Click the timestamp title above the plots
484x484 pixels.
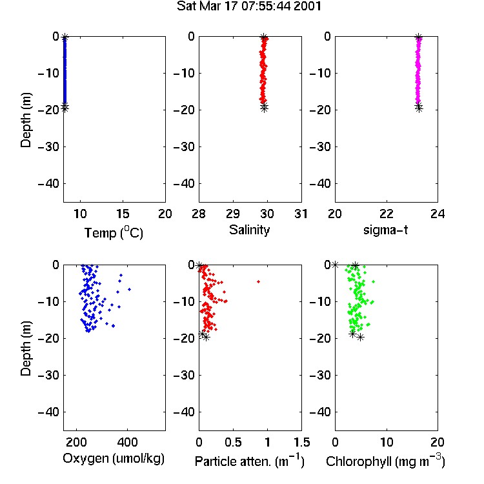coord(249,6)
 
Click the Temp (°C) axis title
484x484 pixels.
coord(114,232)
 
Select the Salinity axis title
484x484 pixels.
coord(249,230)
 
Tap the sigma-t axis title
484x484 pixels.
coord(385,230)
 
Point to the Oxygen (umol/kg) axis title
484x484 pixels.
coord(114,459)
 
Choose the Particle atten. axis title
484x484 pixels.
coord(250,461)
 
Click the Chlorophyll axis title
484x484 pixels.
coord(385,461)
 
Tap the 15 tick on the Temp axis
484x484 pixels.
coord(123,214)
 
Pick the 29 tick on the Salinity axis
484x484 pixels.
coord(233,214)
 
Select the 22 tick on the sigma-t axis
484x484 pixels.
coord(387,214)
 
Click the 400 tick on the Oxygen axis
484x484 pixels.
coord(128,442)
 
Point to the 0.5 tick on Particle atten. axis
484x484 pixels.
coord(233,442)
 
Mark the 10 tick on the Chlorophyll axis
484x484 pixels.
coord(387,442)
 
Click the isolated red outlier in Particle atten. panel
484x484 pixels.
coord(258,281)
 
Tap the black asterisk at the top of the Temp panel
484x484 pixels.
coord(65,37)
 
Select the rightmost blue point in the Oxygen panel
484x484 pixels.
coord(129,289)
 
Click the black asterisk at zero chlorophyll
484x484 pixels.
coord(335,265)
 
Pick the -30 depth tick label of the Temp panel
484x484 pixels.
coord(48,147)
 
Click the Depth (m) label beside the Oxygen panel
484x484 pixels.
coord(26,348)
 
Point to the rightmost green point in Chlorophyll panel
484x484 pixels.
coord(374,281)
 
